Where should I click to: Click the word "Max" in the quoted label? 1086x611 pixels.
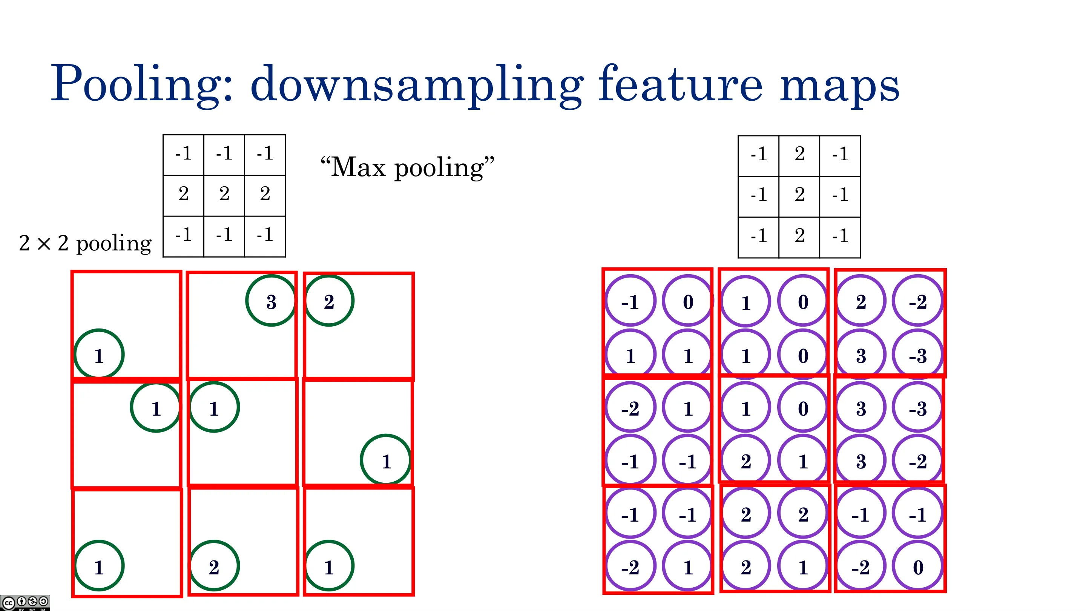click(x=358, y=167)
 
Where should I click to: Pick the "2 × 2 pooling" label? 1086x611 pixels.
click(x=85, y=243)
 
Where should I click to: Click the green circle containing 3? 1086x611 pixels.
click(x=271, y=301)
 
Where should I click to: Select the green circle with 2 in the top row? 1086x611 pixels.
click(x=329, y=301)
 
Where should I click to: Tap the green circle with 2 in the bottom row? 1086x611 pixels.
click(x=214, y=566)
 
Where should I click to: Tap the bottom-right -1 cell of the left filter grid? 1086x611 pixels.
click(x=265, y=236)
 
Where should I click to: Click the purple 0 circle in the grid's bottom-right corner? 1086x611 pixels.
click(x=918, y=566)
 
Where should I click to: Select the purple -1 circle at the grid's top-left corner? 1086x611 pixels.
click(x=630, y=301)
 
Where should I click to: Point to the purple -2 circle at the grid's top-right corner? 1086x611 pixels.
click(x=918, y=301)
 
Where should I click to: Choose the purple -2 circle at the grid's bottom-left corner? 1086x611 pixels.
click(x=630, y=566)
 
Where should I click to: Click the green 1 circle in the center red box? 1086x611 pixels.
click(x=214, y=407)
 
